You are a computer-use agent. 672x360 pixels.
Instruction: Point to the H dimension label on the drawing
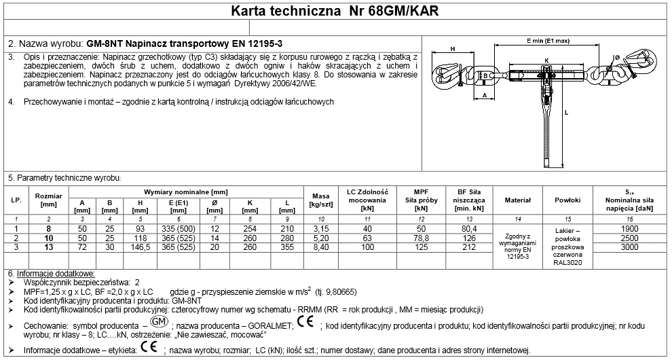click(x=452, y=48)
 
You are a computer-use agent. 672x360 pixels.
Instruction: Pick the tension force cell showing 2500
click(x=630, y=239)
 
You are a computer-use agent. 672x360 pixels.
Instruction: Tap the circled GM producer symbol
click(x=157, y=321)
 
